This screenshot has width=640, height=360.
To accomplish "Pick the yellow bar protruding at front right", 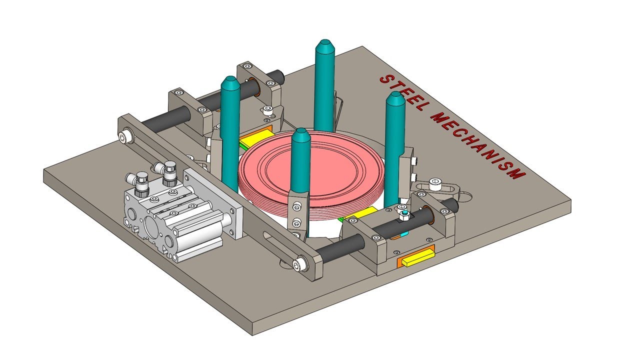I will [x=415, y=258].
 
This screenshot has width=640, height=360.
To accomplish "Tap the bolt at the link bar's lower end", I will [x=299, y=264].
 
